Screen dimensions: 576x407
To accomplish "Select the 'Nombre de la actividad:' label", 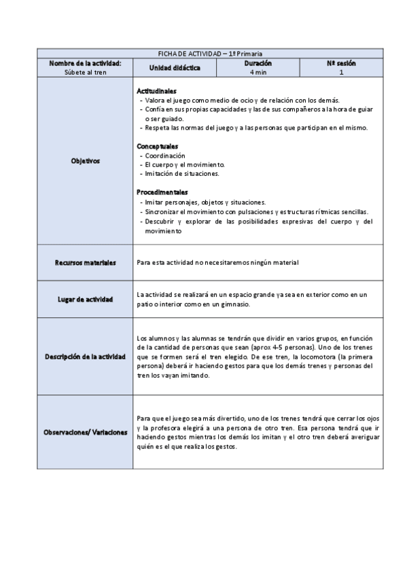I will (86, 63).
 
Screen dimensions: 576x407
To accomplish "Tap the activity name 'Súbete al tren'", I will (86, 71).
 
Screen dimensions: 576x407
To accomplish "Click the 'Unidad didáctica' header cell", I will (175, 68).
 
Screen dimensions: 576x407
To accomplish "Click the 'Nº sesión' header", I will (341, 63).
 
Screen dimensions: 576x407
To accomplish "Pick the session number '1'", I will (341, 71).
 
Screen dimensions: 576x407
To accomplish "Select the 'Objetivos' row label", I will (86, 161).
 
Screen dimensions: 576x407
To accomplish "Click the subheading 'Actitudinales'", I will (157, 90).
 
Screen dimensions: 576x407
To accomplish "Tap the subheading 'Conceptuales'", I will (157, 146).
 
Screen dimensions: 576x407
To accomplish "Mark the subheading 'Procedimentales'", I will (162, 192).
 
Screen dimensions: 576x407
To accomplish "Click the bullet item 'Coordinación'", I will (166, 156).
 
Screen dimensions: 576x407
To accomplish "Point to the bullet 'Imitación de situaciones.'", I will (181, 174).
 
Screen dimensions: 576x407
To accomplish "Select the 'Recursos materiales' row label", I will (86, 263).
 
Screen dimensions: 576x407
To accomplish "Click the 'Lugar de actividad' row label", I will (86, 299).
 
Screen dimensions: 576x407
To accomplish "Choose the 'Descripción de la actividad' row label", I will (86, 357).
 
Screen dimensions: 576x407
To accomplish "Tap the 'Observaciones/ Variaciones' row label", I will (86, 432).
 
